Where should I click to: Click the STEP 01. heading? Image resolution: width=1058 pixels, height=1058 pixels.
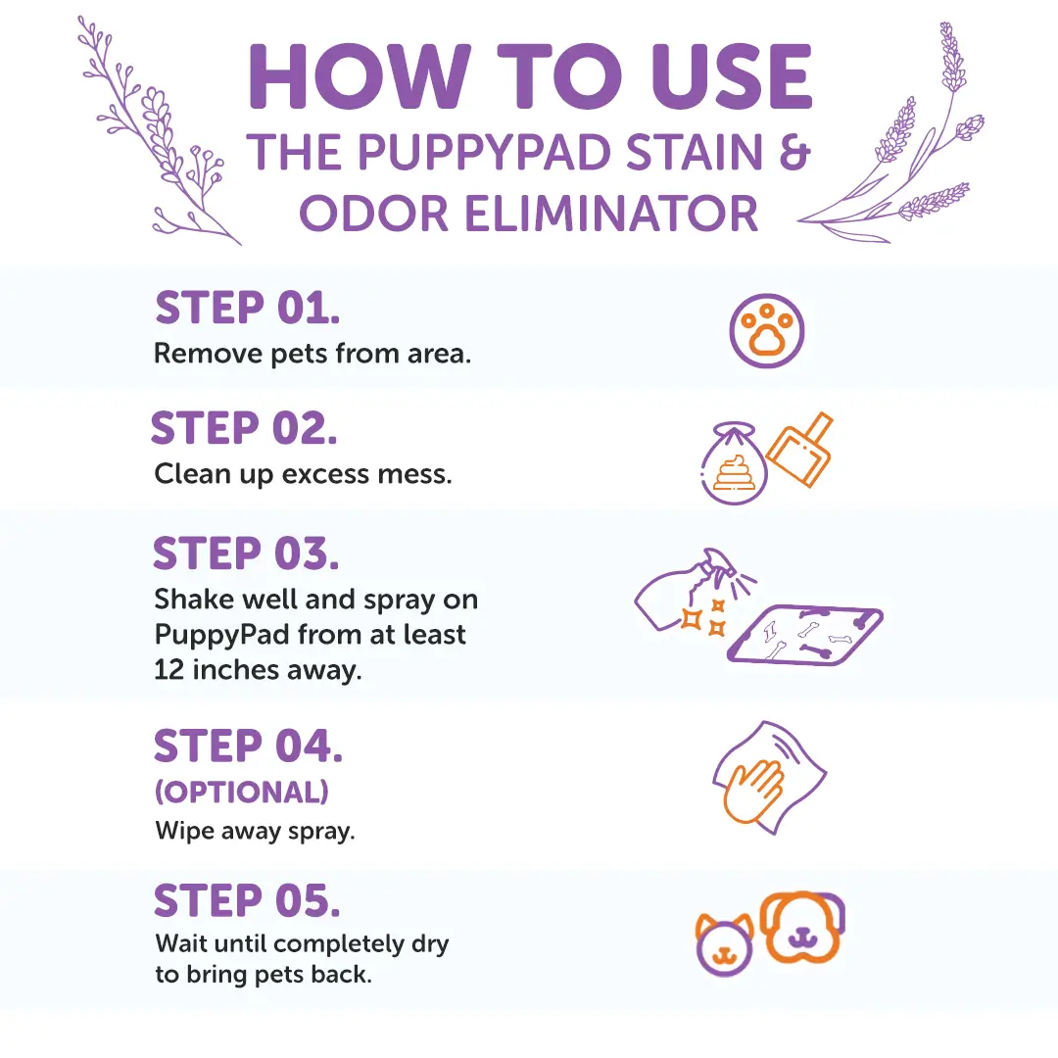(x=247, y=309)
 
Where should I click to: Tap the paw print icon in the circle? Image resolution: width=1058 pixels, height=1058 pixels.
(x=766, y=331)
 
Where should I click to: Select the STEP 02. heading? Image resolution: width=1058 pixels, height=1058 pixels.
(x=245, y=429)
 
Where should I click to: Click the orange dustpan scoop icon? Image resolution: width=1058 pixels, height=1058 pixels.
(x=798, y=451)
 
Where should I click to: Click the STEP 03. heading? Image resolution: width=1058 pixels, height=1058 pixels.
(x=246, y=555)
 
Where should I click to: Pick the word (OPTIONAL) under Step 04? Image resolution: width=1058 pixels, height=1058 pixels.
(x=241, y=791)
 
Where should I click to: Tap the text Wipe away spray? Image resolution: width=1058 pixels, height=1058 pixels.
(x=255, y=832)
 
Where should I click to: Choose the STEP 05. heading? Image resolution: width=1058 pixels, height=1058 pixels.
(x=247, y=901)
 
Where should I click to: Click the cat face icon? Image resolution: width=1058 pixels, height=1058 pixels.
(x=725, y=946)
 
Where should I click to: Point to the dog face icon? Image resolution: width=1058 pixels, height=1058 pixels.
(x=802, y=927)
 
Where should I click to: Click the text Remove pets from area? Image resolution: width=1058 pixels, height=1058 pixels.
(x=313, y=354)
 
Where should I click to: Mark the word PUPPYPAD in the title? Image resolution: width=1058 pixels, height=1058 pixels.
(x=450, y=153)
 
